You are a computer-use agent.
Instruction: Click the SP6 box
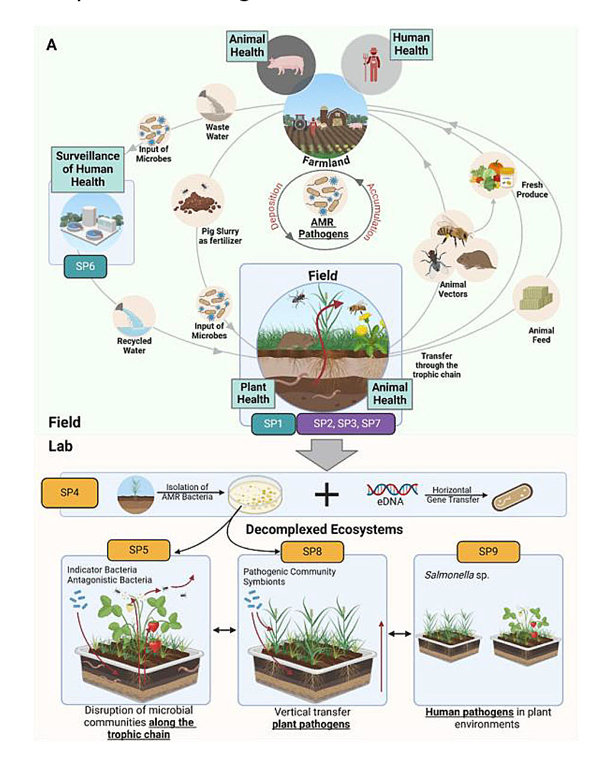click(85, 266)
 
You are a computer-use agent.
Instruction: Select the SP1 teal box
click(273, 423)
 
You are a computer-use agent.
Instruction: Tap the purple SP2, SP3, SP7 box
click(346, 423)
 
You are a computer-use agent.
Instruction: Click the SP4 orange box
click(69, 493)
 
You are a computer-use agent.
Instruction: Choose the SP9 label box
click(488, 551)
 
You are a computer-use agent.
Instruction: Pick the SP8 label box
click(312, 551)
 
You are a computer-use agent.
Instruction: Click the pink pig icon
click(286, 65)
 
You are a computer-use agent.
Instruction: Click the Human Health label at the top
click(411, 44)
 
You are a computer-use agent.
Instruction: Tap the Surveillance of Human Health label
click(87, 169)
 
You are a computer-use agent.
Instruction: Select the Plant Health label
click(253, 393)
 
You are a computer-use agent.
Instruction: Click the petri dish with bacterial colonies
click(255, 494)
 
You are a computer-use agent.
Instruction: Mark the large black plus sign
click(326, 494)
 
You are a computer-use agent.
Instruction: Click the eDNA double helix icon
click(392, 490)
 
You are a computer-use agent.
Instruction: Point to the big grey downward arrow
click(326, 454)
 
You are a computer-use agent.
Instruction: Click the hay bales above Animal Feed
click(535, 297)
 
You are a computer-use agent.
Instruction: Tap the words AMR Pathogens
click(323, 228)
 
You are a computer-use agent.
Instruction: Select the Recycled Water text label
click(134, 345)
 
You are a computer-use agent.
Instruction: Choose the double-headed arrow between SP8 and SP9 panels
click(400, 633)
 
